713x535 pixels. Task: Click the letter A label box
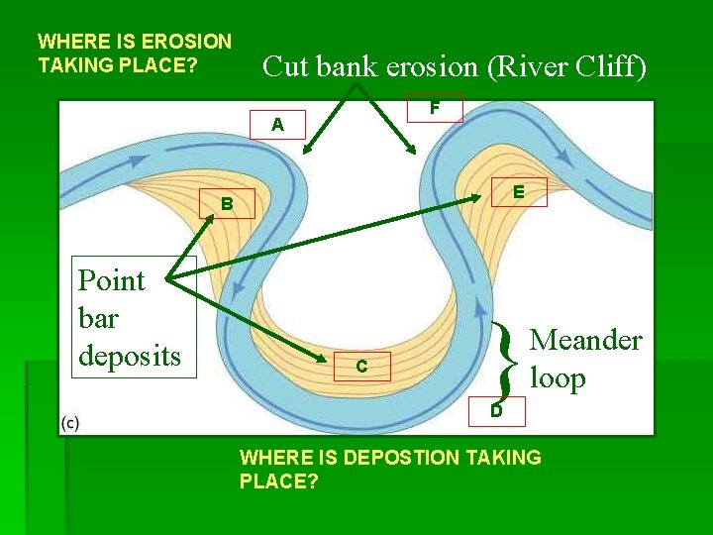[277, 125]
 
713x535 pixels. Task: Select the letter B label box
[227, 205]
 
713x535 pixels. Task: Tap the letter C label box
[361, 367]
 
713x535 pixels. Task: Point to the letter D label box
[497, 409]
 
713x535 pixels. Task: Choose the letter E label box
[518, 191]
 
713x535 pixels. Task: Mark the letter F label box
[435, 107]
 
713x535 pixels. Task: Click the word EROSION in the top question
[187, 42]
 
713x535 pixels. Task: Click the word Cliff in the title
[613, 67]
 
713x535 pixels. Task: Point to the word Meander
[586, 340]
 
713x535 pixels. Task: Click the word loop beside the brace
[558, 377]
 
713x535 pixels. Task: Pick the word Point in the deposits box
[112, 280]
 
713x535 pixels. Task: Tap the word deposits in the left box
[130, 354]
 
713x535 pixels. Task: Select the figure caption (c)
[70, 423]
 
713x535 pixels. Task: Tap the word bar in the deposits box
[98, 317]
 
